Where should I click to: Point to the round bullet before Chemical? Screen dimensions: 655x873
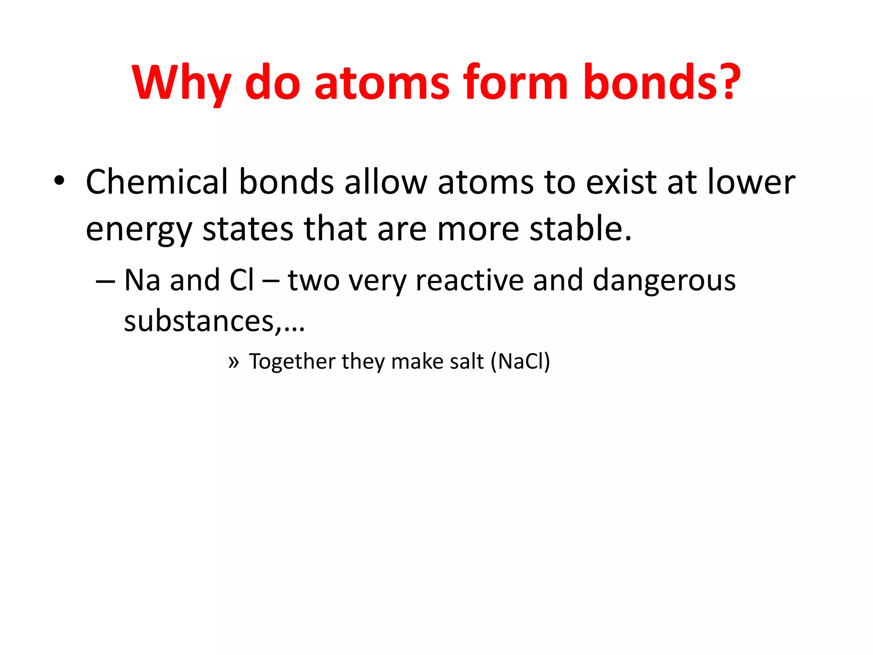(59, 181)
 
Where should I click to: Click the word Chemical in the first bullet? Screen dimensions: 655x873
(157, 182)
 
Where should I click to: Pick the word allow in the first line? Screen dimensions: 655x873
(385, 182)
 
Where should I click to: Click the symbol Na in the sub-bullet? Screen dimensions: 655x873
(142, 280)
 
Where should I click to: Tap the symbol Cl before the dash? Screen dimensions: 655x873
(241, 280)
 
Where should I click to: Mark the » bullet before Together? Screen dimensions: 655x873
(233, 362)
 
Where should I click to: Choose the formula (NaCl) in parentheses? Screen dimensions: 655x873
(520, 362)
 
